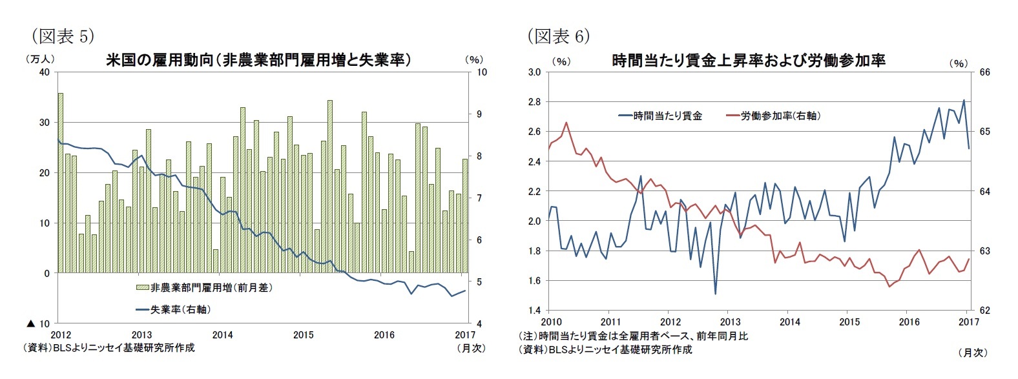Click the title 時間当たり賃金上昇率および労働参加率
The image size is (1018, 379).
pyautogui.click(x=748, y=61)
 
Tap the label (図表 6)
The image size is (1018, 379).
pyautogui.click(x=559, y=36)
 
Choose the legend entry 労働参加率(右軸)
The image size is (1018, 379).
pyautogui.click(x=773, y=116)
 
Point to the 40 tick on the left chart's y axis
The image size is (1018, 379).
pyautogui.click(x=45, y=72)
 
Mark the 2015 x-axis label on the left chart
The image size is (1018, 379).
pyautogui.click(x=304, y=335)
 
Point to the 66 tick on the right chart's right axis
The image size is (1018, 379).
pyautogui.click(x=984, y=72)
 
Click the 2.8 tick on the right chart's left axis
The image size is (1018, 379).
pyautogui.click(x=534, y=102)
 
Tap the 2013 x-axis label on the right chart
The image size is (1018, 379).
pyautogui.click(x=730, y=322)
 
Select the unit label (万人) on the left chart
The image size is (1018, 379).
pyautogui.click(x=39, y=59)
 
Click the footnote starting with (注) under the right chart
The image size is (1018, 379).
pyautogui.click(x=633, y=336)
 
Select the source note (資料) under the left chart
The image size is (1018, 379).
pyautogui.click(x=109, y=348)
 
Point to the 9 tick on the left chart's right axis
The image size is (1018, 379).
pyautogui.click(x=482, y=114)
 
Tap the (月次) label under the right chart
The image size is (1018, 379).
pyautogui.click(x=973, y=353)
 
